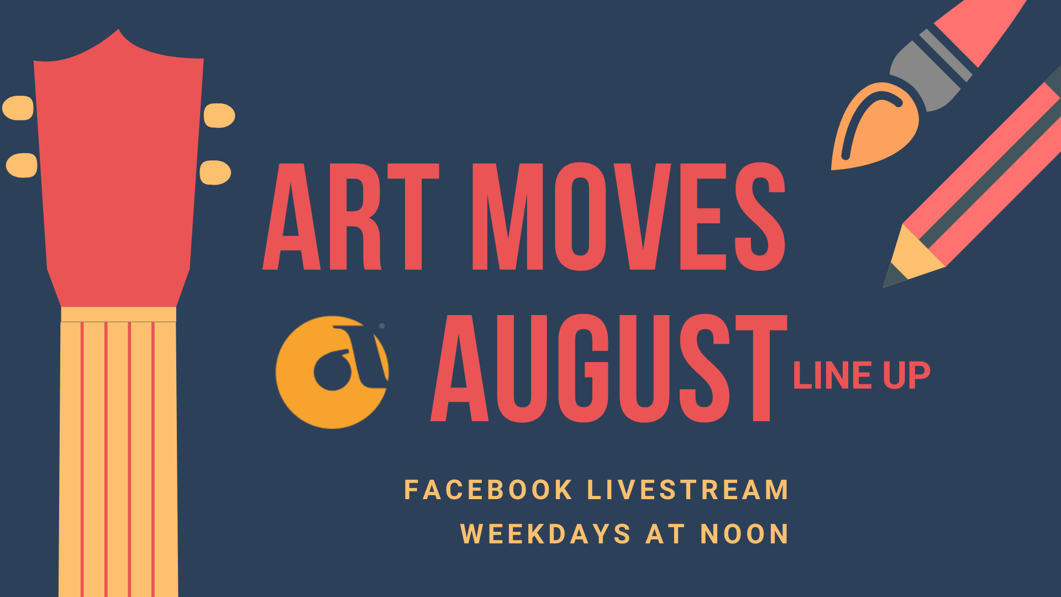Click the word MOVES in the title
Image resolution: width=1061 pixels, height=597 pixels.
(629, 217)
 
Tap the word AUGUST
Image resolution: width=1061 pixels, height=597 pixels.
(609, 368)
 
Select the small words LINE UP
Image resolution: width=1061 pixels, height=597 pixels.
(862, 376)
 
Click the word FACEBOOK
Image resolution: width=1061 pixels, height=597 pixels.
(488, 490)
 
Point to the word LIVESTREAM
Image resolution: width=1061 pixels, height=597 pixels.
(687, 490)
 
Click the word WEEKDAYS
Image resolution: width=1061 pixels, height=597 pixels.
(545, 534)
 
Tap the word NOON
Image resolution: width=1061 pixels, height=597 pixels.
(744, 534)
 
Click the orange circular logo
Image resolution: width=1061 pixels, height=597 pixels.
(332, 372)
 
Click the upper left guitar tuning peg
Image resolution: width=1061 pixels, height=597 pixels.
(19, 108)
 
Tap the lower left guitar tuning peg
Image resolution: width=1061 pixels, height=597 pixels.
(22, 165)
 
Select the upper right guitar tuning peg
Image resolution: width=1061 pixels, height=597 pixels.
(219, 116)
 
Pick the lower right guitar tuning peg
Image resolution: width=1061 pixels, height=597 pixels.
(215, 172)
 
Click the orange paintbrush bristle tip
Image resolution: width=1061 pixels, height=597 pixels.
(873, 127)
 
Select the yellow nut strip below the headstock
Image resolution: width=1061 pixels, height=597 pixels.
(119, 315)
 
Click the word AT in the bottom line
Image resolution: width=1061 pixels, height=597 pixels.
(666, 534)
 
